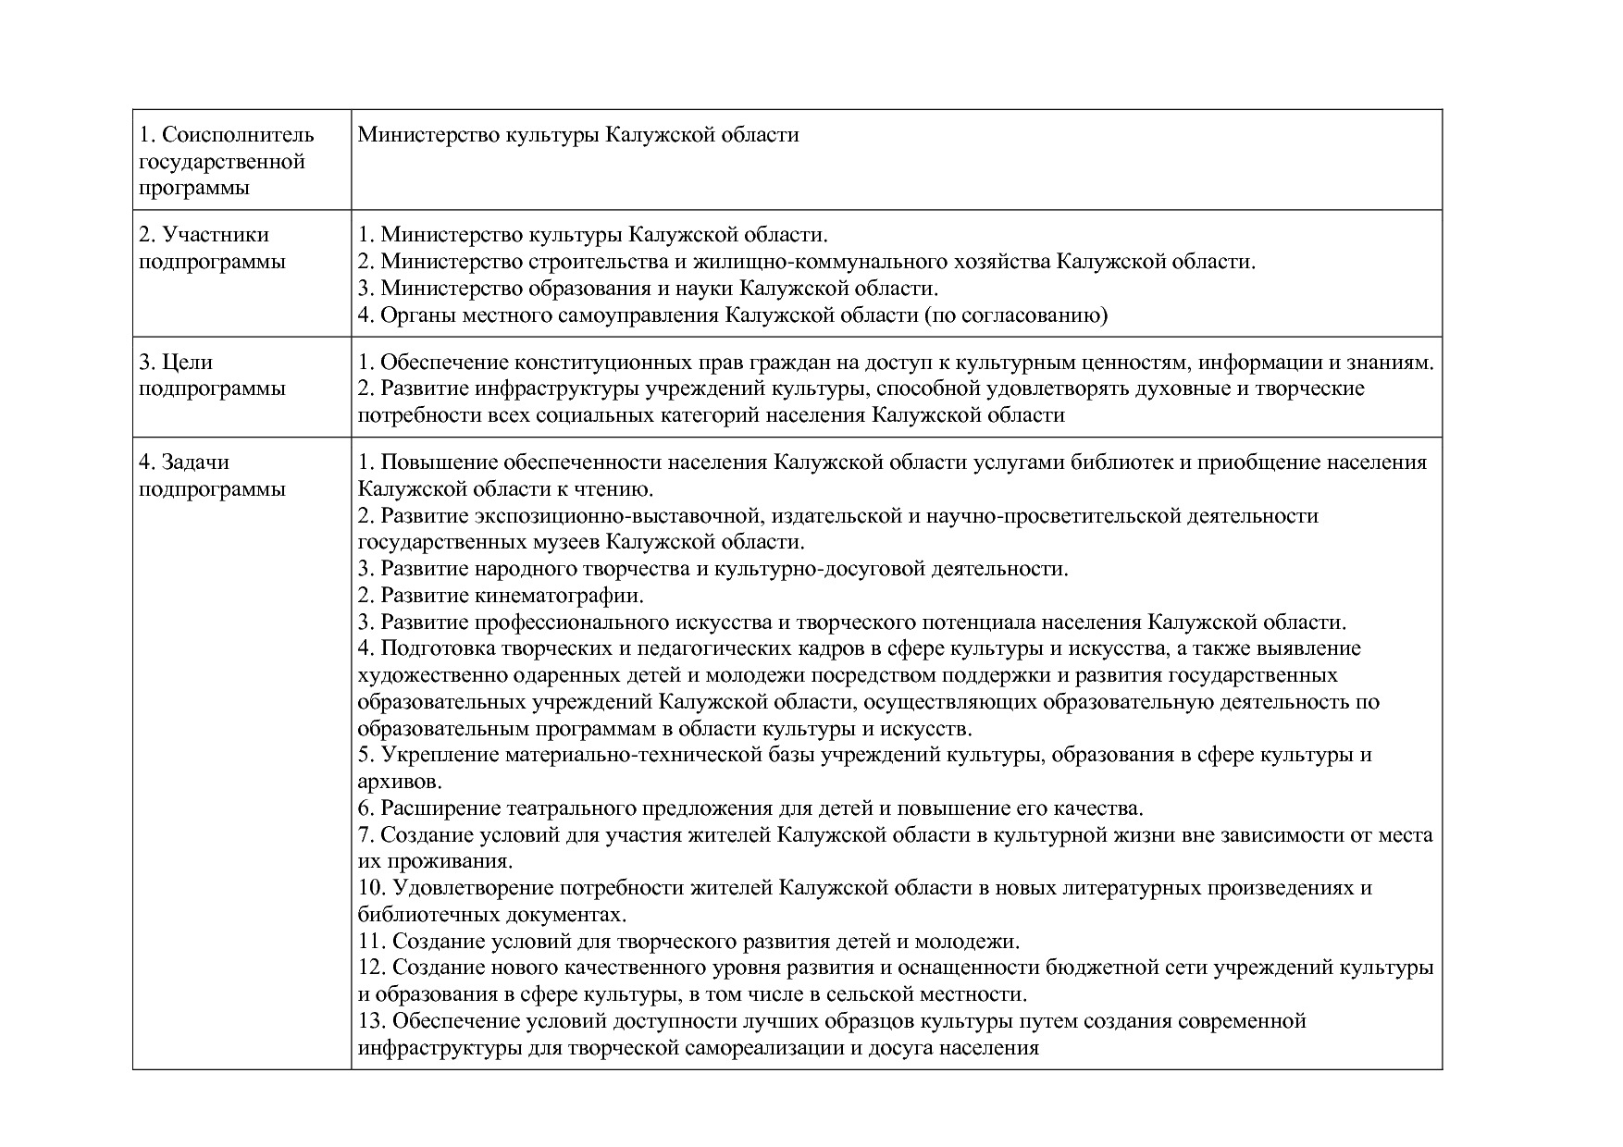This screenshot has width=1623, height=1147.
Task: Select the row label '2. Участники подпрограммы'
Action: (212, 248)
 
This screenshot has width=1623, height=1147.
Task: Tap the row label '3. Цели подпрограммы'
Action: (212, 375)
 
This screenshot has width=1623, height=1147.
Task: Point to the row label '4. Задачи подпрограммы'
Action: (212, 475)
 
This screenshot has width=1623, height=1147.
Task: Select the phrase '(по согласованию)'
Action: (1015, 315)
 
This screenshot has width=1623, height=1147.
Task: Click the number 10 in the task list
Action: (369, 889)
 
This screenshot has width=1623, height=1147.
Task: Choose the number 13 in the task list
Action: (369, 1022)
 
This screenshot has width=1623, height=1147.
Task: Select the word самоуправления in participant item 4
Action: (638, 315)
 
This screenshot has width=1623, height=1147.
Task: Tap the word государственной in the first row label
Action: (222, 162)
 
